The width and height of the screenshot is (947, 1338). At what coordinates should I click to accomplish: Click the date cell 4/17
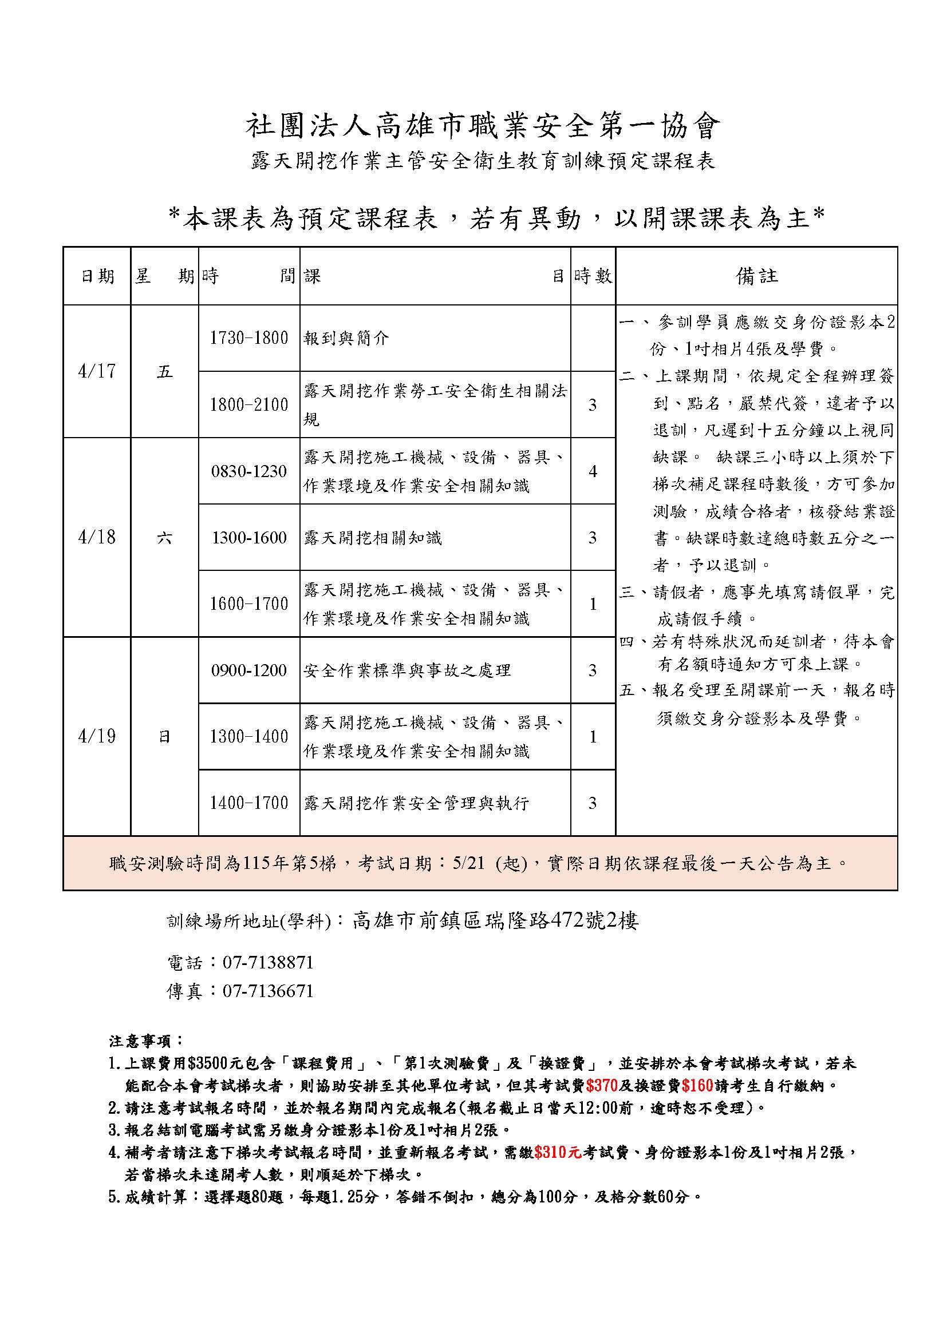(97, 371)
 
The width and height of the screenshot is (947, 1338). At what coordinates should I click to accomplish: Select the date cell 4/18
(97, 537)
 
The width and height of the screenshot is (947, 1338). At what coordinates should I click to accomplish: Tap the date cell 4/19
(97, 737)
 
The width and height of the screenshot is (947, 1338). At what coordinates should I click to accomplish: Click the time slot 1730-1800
(249, 338)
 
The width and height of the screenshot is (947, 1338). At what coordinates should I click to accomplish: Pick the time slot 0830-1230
(249, 471)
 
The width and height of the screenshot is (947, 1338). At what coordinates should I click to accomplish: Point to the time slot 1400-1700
(249, 803)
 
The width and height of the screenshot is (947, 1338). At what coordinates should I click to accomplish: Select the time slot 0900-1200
(249, 670)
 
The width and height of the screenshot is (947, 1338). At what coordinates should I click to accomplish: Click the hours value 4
(593, 471)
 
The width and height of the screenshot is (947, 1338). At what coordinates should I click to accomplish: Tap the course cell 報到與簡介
(346, 338)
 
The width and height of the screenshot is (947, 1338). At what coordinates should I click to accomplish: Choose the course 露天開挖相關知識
(373, 537)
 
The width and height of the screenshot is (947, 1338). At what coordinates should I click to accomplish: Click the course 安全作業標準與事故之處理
(407, 670)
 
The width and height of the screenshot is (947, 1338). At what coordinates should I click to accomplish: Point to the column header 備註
(756, 276)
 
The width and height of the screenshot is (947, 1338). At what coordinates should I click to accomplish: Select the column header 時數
(593, 276)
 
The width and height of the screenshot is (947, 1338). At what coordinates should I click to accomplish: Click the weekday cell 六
(164, 537)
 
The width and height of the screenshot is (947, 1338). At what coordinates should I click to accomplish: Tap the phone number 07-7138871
(268, 962)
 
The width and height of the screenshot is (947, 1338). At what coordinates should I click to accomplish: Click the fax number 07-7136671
(268, 991)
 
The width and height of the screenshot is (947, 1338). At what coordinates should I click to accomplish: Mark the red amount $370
(602, 1086)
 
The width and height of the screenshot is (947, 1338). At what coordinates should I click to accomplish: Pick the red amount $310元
(558, 1152)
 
